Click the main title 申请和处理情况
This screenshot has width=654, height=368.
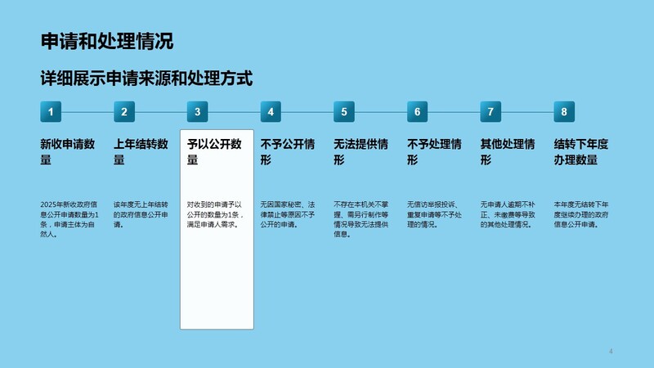tap(107, 42)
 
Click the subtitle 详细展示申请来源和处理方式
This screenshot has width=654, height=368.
tap(146, 79)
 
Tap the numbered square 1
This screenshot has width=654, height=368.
tap(51, 112)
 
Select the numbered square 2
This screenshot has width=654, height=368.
tap(124, 112)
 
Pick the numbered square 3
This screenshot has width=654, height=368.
tap(197, 112)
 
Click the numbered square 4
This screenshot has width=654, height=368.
tap(271, 112)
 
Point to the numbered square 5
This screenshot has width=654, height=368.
tap(344, 112)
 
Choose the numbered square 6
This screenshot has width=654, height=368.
tap(418, 112)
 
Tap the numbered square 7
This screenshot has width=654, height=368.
tap(490, 112)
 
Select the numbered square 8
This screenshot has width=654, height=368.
tap(564, 112)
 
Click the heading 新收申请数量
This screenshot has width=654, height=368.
tap(68, 152)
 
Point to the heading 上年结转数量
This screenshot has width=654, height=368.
tap(141, 152)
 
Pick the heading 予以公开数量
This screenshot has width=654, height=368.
tap(214, 152)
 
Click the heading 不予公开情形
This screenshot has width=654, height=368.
tap(288, 152)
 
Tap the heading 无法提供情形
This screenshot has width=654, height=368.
tap(361, 152)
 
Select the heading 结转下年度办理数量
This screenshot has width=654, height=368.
tap(581, 152)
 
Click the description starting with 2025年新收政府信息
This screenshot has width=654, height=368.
tap(69, 219)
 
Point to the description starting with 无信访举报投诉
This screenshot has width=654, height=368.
tap(434, 214)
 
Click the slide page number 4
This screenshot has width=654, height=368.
tap(611, 352)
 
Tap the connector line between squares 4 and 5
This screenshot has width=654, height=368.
tap(307, 112)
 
